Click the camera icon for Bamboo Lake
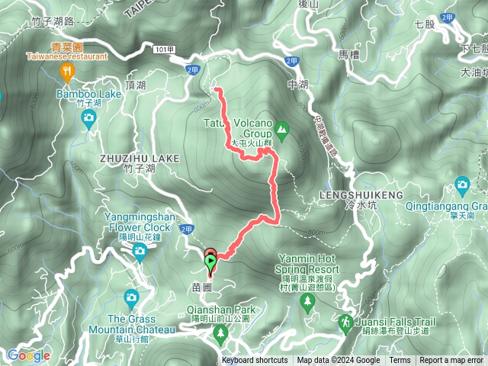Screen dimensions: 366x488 (x=88, y=117)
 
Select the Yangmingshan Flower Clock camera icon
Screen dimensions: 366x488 (x=140, y=252)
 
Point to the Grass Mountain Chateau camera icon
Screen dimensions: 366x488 (x=131, y=297)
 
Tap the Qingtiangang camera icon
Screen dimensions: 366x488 (x=461, y=185)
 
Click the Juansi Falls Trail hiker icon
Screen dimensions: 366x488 (x=345, y=323)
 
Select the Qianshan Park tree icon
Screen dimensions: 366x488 (x=221, y=332)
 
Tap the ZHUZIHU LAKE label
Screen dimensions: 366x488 (x=140, y=158)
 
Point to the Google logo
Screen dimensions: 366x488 (x=28, y=355)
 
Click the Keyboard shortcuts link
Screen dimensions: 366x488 (x=255, y=361)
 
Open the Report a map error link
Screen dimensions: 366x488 (x=452, y=361)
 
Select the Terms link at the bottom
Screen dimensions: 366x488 (x=400, y=361)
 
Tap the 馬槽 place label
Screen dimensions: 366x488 (x=348, y=55)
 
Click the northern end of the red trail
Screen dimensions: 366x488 (x=217, y=90)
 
